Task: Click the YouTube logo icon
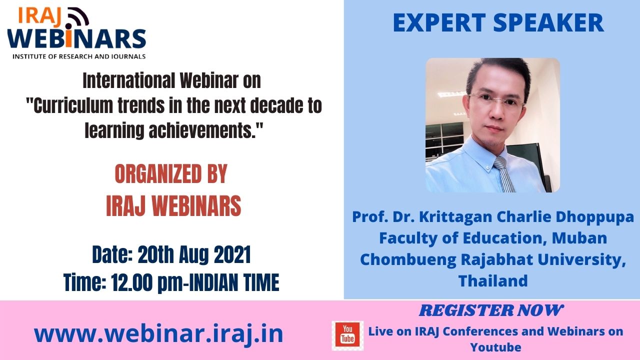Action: (347, 335)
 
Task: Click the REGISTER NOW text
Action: (491, 310)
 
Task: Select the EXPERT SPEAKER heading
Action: (498, 23)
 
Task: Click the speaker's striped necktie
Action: (504, 174)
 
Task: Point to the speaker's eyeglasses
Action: (497, 100)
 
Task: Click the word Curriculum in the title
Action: (73, 106)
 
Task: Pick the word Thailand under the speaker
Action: (493, 280)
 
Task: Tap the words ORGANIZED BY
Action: (171, 173)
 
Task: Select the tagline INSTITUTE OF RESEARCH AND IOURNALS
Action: (79, 56)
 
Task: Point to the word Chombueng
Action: (408, 260)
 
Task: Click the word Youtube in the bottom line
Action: (495, 347)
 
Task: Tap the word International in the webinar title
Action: (128, 81)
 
